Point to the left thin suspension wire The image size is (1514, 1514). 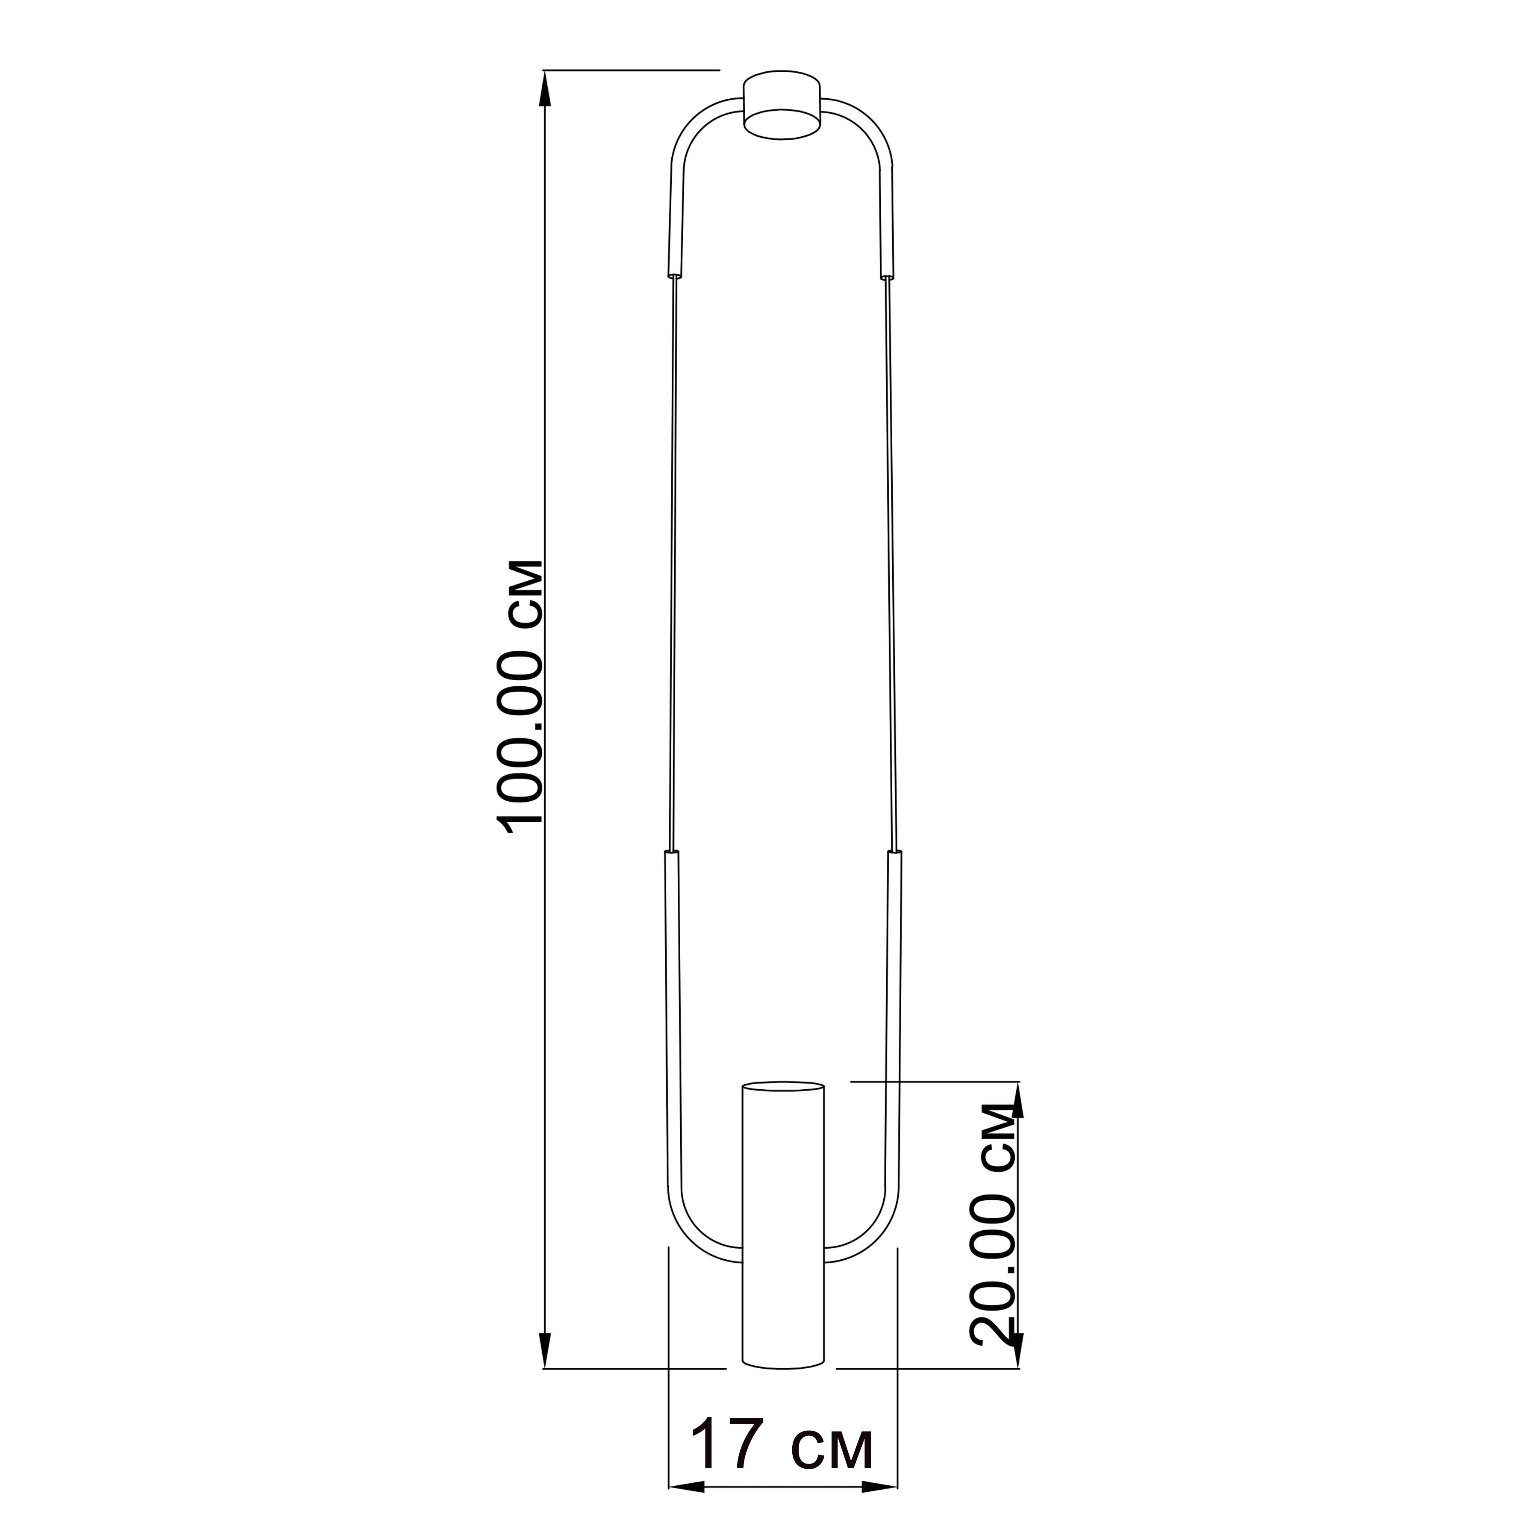(673, 564)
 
